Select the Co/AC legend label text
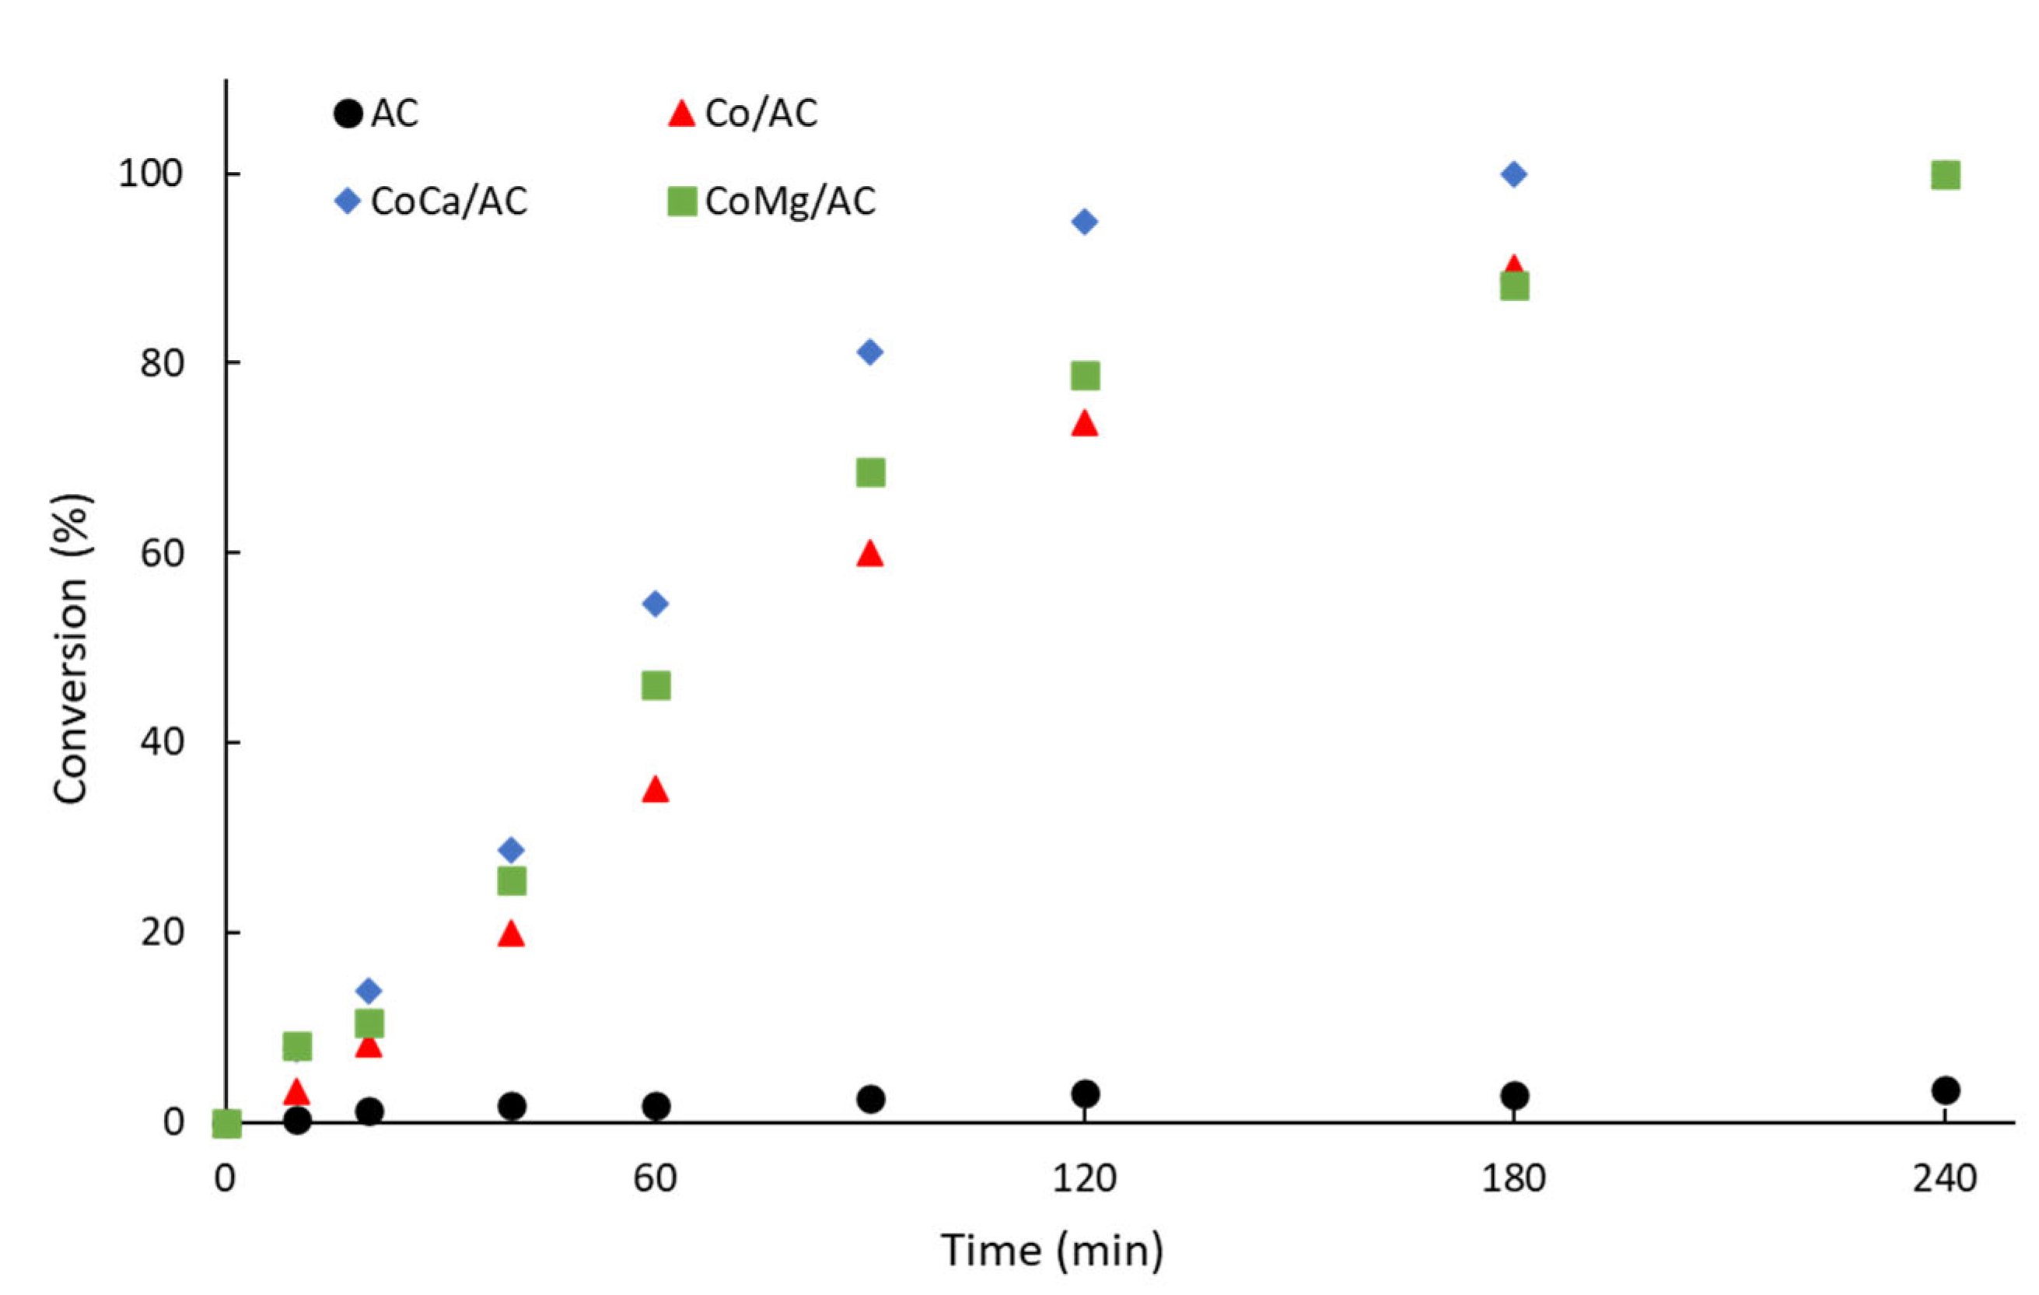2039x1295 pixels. pos(761,114)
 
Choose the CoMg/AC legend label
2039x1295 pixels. pos(790,201)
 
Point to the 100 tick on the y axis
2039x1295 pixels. pos(151,173)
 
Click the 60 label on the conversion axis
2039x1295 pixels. pos(162,553)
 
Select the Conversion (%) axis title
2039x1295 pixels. pos(71,648)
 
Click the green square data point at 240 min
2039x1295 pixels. pos(1945,175)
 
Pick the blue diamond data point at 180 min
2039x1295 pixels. pos(1513,174)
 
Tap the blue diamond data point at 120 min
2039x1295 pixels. pos(1085,222)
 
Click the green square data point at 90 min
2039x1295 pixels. pos(870,473)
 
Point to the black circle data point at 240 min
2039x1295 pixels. pos(1945,1090)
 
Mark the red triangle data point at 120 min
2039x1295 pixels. pos(1085,423)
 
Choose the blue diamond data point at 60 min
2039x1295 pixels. pos(656,604)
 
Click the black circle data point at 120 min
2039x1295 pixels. pos(1085,1094)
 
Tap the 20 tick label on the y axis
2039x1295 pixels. pos(162,933)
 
